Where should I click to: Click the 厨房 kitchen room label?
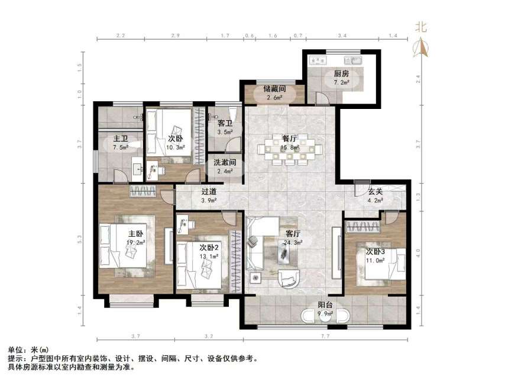[x=341, y=74]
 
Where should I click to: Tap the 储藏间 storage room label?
[x=274, y=89]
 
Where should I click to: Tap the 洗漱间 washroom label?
[x=225, y=162]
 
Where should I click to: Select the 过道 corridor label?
[x=209, y=191]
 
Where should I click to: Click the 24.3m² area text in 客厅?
[x=294, y=242]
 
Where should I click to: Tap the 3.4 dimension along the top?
[x=342, y=36]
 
